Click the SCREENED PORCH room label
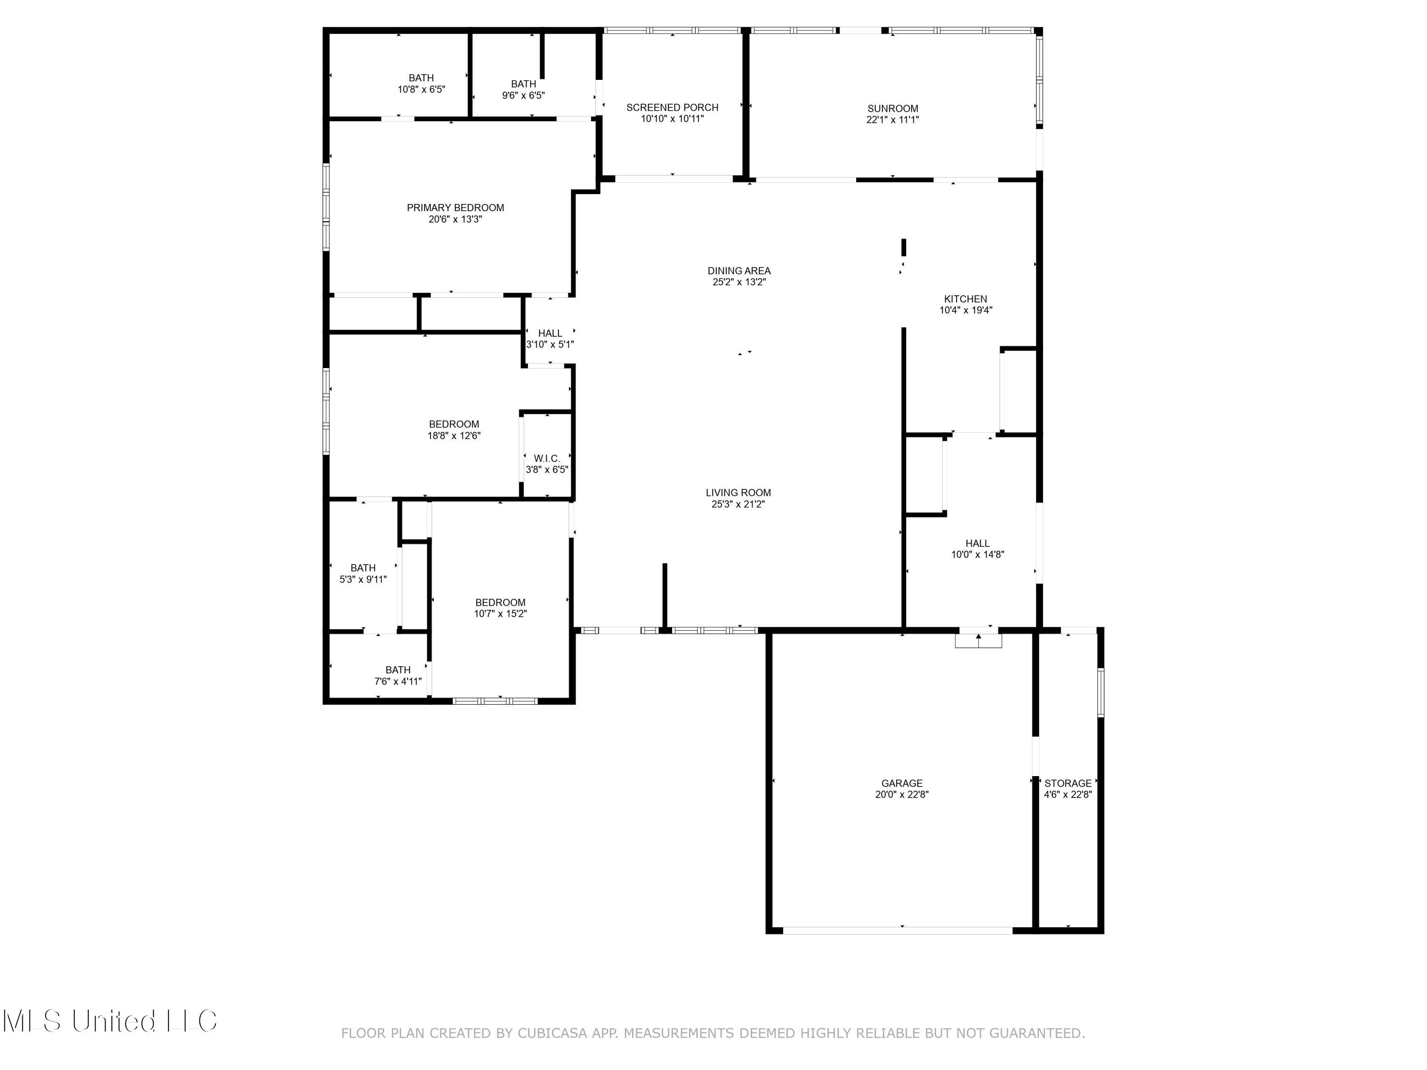pos(672,107)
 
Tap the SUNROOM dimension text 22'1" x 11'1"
pos(892,119)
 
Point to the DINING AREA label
pos(739,271)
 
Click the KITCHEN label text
pos(965,299)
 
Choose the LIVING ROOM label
pos(738,493)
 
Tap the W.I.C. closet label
pos(547,458)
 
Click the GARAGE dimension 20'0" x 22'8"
pos(901,795)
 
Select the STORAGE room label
pos(1068,783)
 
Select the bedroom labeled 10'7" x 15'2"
pos(500,608)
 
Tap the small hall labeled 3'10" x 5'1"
pos(550,339)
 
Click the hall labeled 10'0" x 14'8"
pos(977,549)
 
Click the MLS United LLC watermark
pos(110,1021)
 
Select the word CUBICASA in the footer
pos(552,1033)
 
